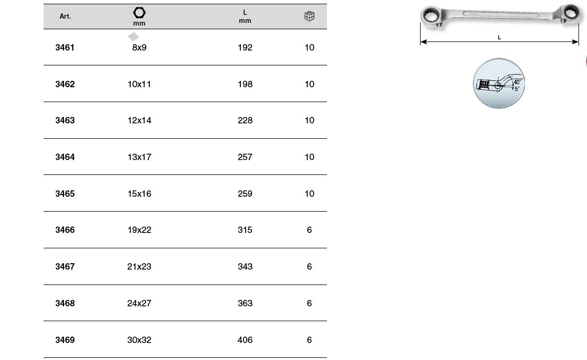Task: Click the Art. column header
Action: pos(65,16)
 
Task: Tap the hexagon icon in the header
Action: pos(139,13)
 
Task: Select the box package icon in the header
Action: pos(309,16)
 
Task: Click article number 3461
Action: pos(65,47)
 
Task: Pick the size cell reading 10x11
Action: pos(139,84)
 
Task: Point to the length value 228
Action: pos(245,121)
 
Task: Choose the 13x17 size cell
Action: pos(139,157)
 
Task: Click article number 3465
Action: pos(65,194)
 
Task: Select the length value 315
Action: pos(245,230)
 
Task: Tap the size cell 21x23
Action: pos(139,266)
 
